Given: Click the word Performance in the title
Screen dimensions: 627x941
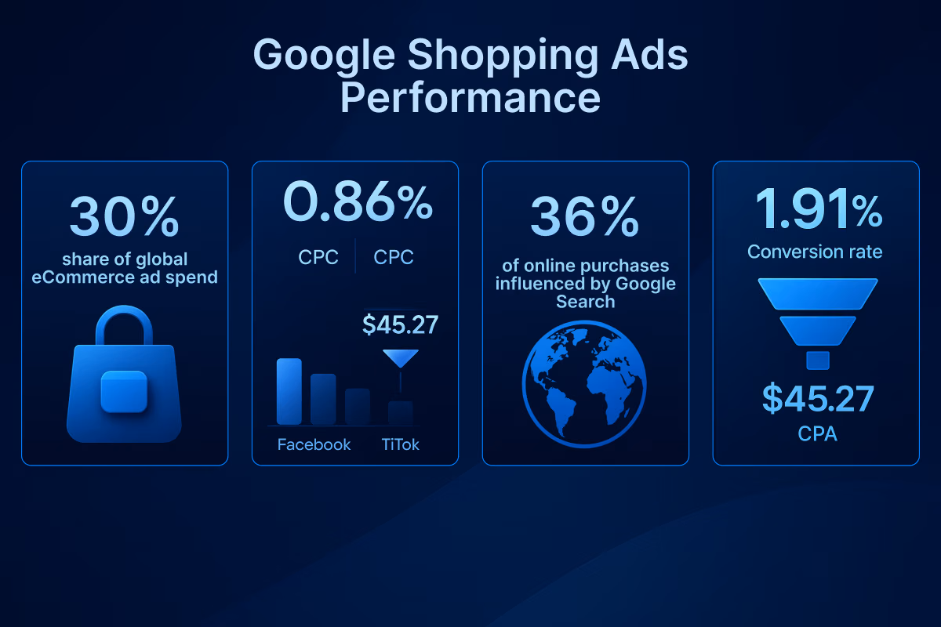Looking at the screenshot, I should point(470,100).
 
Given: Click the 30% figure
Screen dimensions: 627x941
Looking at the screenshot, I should point(124,216).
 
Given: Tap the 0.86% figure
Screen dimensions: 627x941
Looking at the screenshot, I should point(357,201).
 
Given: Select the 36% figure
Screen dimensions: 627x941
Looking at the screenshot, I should point(584,216).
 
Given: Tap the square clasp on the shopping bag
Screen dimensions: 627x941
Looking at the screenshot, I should point(124,391).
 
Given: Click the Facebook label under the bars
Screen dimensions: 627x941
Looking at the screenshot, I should point(314,444).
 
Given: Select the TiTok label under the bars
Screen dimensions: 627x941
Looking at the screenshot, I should point(400,444).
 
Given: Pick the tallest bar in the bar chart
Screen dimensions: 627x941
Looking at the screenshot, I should point(289,391).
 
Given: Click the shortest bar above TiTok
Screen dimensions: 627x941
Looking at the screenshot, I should point(400,412).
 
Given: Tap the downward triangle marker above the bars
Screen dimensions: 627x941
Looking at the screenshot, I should point(400,357).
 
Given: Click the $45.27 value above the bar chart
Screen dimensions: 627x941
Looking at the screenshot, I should point(400,324).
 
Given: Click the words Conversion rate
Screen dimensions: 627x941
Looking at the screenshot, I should point(815,252).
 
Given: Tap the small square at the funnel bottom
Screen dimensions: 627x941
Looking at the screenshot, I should point(817,360).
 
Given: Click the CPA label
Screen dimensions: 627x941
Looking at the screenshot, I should point(817,433).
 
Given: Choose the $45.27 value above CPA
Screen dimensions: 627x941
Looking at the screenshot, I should point(817,399).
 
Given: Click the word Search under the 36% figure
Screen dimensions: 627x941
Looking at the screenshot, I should point(585,301).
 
